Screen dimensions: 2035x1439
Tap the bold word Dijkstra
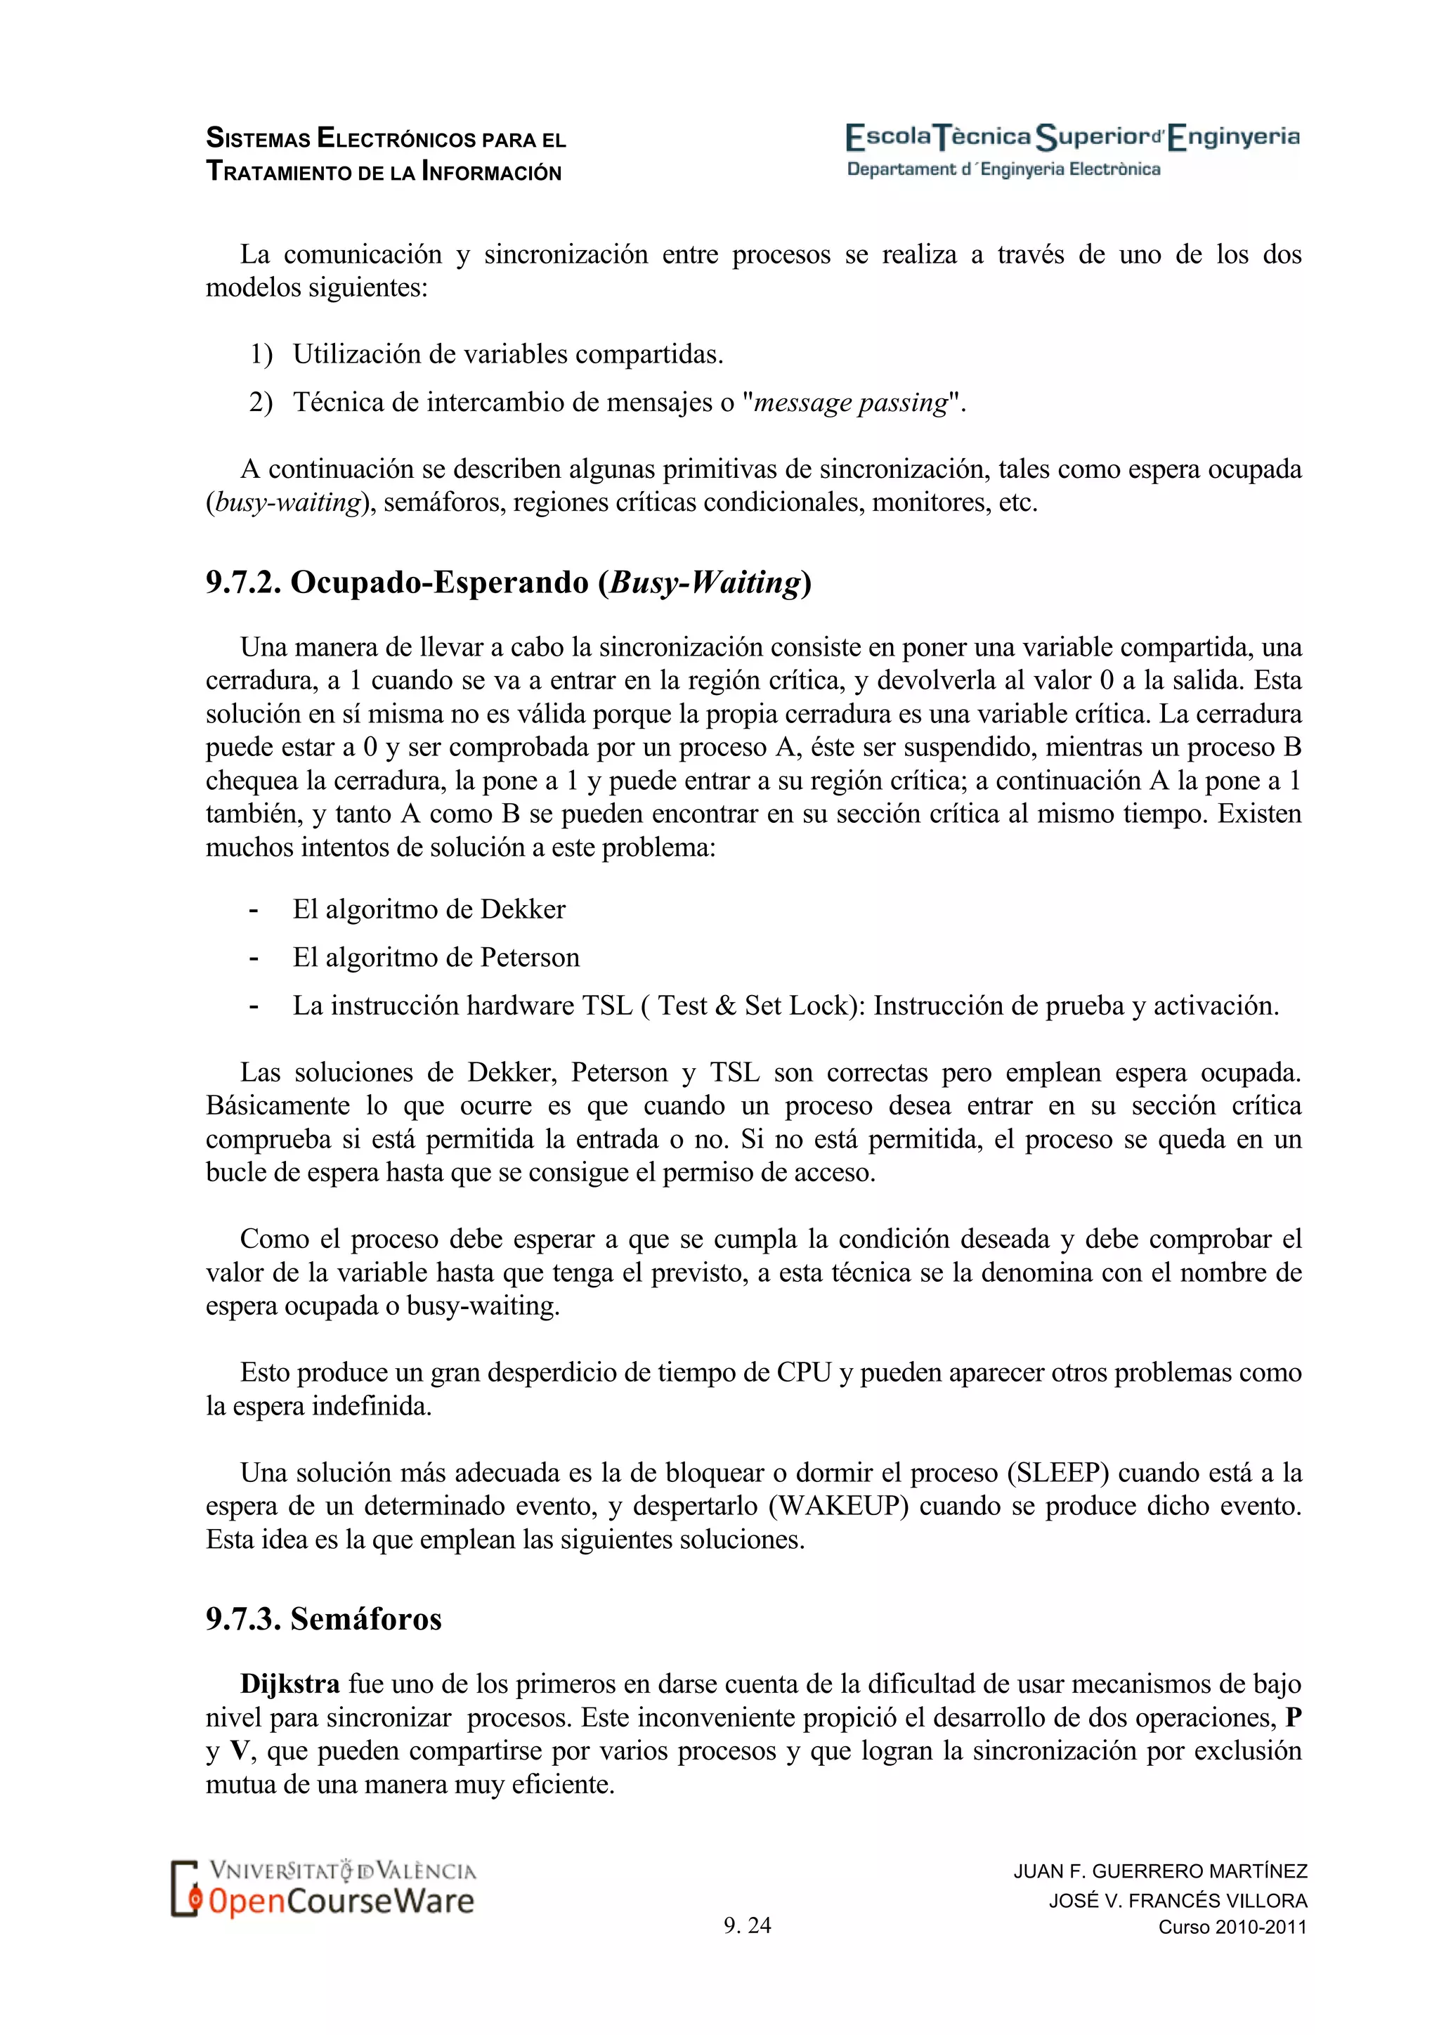click(x=289, y=1685)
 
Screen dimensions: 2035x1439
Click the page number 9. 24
click(x=747, y=1925)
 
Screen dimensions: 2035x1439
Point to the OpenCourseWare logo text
click(x=341, y=1901)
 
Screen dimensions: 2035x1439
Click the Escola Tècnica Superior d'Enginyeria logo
click(x=1072, y=138)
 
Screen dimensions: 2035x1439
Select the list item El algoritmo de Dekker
click(x=429, y=909)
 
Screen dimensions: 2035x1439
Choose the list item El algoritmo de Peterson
click(x=436, y=958)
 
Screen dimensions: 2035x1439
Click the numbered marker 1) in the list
click(x=261, y=355)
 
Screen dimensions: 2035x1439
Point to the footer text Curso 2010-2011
click(x=1232, y=1927)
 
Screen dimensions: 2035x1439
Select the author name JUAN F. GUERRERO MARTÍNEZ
click(x=1160, y=1871)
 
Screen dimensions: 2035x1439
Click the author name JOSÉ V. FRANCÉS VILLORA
click(x=1178, y=1900)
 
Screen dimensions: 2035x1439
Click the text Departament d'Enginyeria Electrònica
click(x=1003, y=169)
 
